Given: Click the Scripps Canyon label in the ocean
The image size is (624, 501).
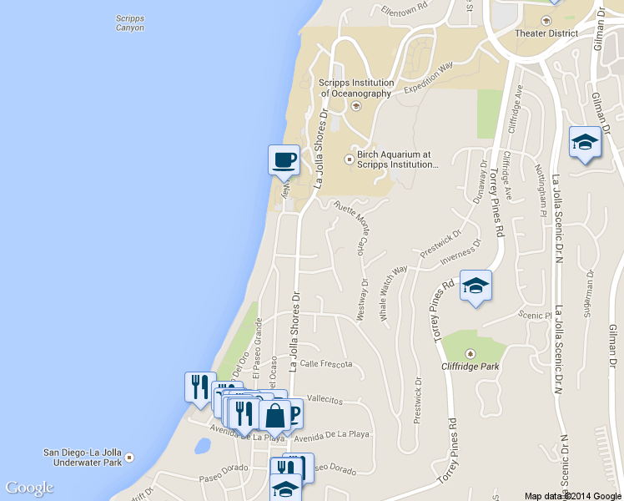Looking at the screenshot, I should pos(129,23).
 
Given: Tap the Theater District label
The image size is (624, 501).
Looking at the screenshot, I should pos(546,33).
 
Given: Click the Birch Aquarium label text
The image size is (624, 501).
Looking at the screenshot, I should pos(397,159).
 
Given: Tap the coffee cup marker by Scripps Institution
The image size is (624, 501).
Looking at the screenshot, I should pos(284,159).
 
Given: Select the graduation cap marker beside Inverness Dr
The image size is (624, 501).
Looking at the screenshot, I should pos(476,286).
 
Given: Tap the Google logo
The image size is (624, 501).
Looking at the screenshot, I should pos(29,488).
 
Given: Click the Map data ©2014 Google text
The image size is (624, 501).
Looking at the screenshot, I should pos(572,495).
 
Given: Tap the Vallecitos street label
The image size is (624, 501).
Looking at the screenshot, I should pos(325,401).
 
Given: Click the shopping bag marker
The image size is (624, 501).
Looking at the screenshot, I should pos(274,415).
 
